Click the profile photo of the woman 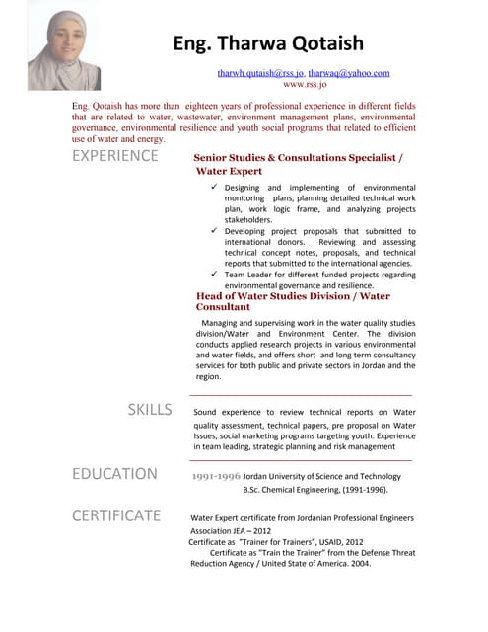pos(64,50)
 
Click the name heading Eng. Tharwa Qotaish pos(267,43)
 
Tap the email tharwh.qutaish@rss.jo pos(260,73)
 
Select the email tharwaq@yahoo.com pos(349,73)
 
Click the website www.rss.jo pos(304,85)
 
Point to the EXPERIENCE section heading pos(115,156)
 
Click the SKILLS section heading pos(150,410)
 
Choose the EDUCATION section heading pos(114,474)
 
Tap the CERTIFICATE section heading pos(116,515)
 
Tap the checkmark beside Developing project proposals pos(215,231)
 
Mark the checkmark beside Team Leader pos(215,275)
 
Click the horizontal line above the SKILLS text pos(301,395)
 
